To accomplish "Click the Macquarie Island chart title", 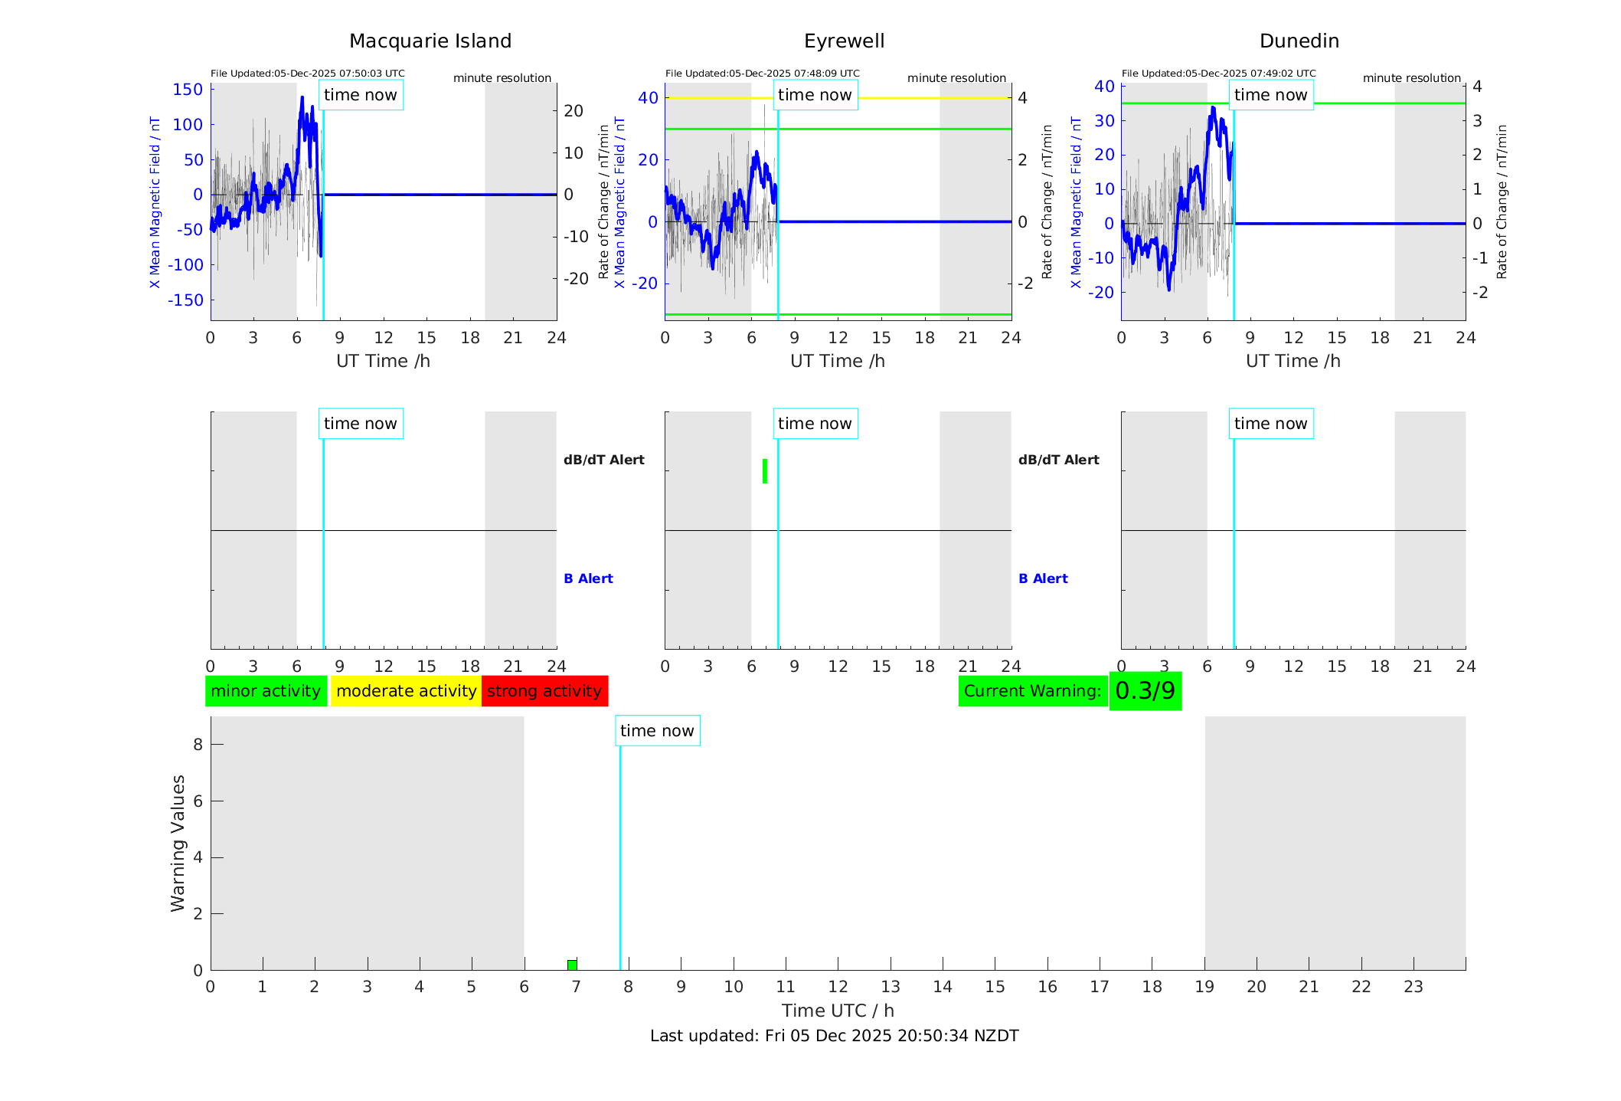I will [430, 41].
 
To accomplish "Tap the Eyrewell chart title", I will [844, 41].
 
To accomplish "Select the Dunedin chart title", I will [1299, 41].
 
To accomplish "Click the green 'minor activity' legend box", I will [266, 691].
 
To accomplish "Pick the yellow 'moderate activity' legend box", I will [406, 691].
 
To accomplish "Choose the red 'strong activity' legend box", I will [544, 691].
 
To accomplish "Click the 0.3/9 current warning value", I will [1145, 691].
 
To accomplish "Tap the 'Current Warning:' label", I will [1032, 691].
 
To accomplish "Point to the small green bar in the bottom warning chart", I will [572, 965].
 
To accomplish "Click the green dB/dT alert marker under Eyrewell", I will [765, 471].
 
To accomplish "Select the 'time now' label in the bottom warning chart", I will [657, 731].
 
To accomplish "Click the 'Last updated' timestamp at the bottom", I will [834, 1036].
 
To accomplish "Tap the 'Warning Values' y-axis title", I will [178, 843].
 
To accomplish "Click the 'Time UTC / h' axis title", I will [838, 1011].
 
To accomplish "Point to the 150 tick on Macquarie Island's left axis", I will [188, 90].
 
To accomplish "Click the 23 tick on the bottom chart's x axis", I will [1413, 987].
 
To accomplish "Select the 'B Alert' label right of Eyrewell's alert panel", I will [1043, 578].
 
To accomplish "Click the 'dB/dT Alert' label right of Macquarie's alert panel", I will [603, 460].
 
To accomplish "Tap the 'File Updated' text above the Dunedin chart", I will [1218, 74].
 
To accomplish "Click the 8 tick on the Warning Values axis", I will [198, 744].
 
